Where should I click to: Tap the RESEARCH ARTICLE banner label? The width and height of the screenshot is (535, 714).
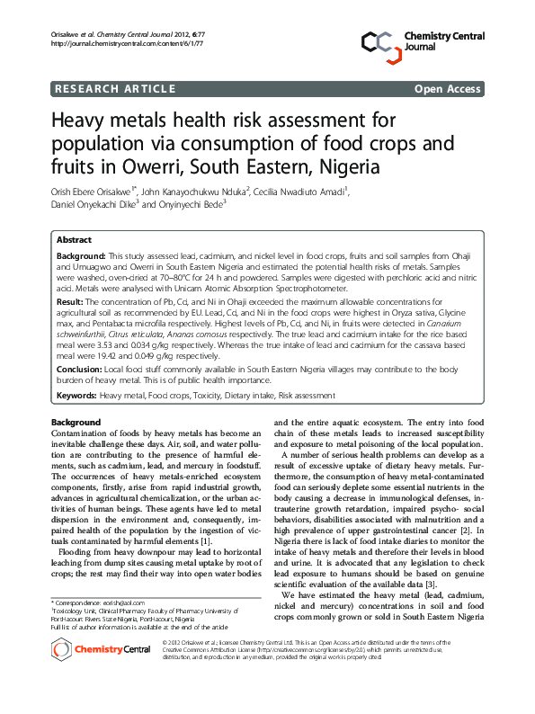point(114,88)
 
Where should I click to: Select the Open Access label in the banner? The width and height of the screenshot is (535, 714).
point(449,88)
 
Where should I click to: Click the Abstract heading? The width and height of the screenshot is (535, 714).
point(74,240)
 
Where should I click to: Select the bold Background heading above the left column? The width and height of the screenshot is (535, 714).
point(76,422)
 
